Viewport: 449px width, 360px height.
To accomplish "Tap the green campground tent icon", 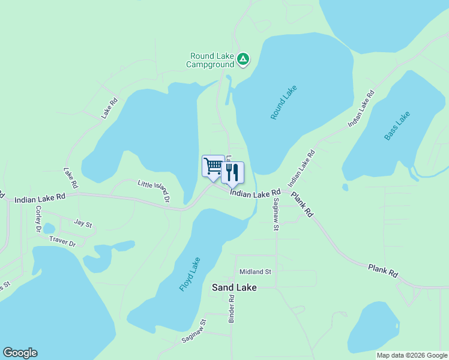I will [x=243, y=59].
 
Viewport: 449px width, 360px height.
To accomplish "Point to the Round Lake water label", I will [x=284, y=102].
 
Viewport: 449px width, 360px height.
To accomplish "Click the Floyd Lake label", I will [x=190, y=274].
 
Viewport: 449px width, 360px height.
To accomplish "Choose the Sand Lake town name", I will [x=234, y=288].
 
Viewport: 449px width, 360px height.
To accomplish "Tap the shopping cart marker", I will [x=213, y=166].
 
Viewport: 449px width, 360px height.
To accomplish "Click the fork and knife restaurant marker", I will [x=233, y=172].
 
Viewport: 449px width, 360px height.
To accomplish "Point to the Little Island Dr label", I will [x=154, y=190].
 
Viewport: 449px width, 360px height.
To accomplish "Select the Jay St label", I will [x=83, y=223].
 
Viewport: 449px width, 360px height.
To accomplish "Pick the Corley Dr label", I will [x=38, y=220].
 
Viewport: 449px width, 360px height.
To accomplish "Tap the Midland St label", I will [x=256, y=272].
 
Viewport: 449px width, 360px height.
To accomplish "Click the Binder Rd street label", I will [x=232, y=309].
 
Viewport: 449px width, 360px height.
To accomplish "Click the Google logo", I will [x=20, y=353].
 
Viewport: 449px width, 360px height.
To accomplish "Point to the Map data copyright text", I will [x=411, y=355].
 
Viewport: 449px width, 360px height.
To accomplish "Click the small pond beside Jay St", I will [x=49, y=229].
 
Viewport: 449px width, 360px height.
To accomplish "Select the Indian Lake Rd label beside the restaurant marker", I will [x=255, y=193].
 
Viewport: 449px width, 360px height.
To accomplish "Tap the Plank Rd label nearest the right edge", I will [x=383, y=270].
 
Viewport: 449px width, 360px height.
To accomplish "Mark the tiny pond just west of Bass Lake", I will [x=345, y=187].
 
